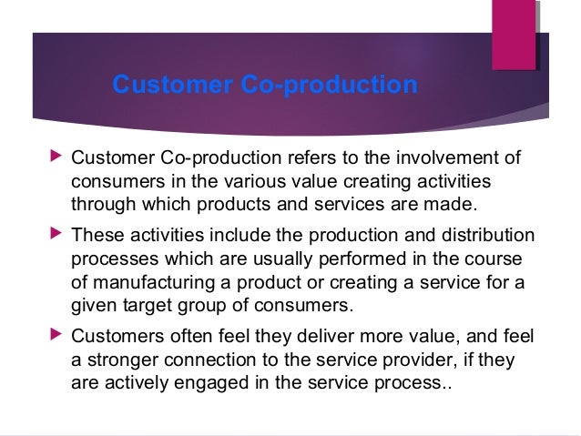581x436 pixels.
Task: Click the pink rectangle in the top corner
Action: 513,35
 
